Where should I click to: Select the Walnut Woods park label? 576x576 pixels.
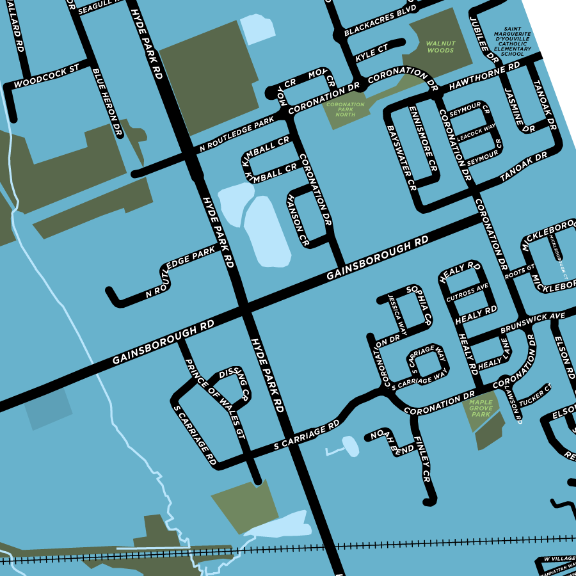point(440,47)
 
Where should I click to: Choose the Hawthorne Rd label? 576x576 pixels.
point(484,76)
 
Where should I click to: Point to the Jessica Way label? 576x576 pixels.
point(397,314)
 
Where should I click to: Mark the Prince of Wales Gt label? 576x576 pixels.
point(214,397)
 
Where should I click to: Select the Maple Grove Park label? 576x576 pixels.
point(481,408)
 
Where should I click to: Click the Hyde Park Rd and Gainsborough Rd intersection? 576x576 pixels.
point(243,308)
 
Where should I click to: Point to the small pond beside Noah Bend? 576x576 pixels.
point(350,445)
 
